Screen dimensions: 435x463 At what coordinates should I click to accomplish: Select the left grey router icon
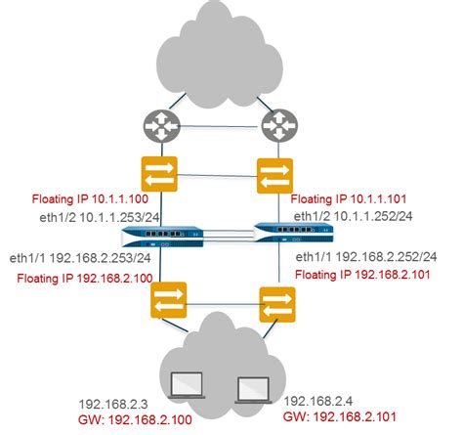[157, 124]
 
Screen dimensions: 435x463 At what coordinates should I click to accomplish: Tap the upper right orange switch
[273, 176]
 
